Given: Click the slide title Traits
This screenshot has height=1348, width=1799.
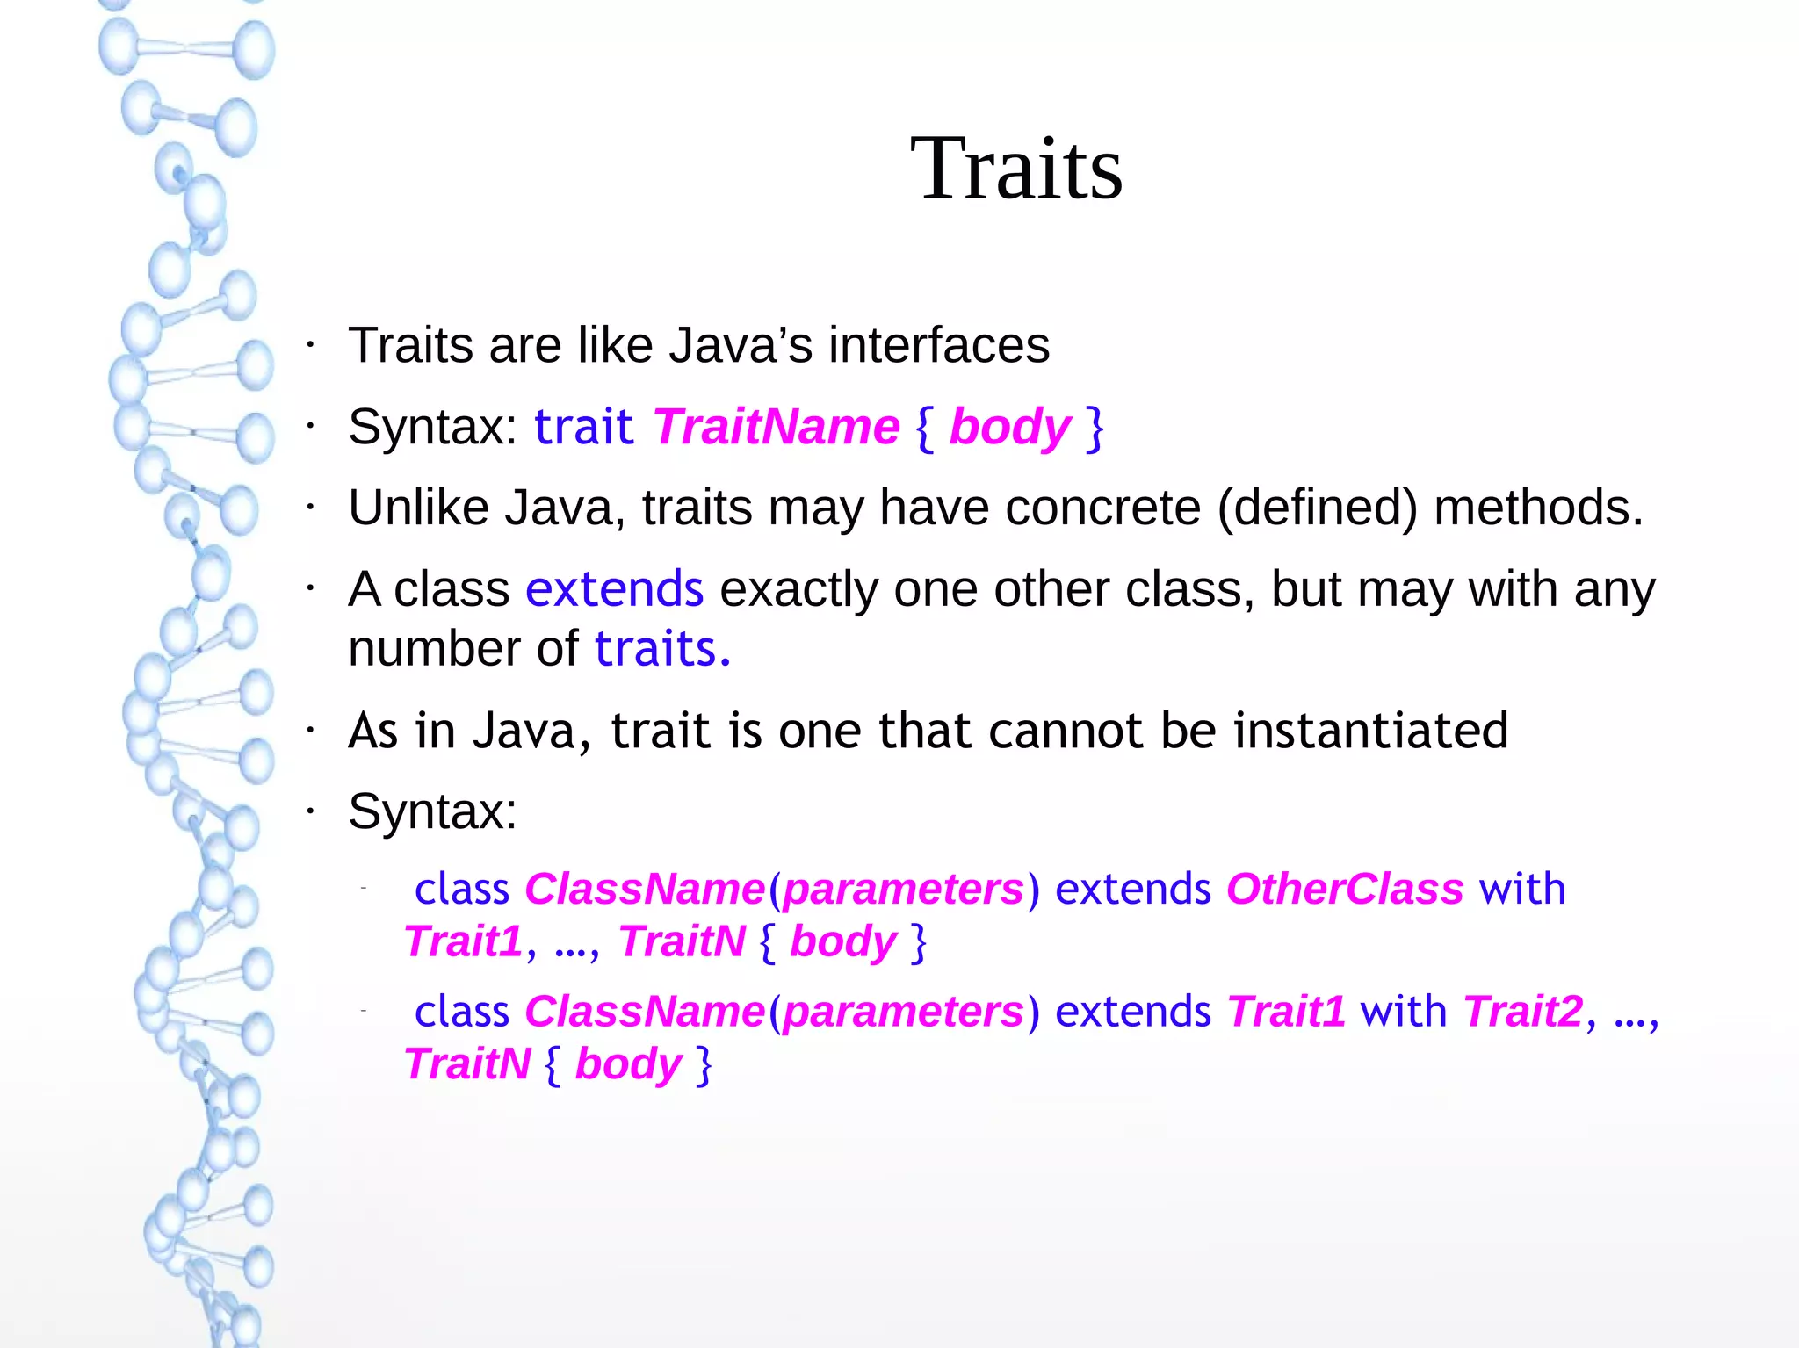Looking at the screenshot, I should pyautogui.click(x=1016, y=169).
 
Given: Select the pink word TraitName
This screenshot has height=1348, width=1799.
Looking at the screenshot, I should pyautogui.click(x=776, y=427).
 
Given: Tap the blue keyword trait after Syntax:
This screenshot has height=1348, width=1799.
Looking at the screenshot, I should pyautogui.click(x=583, y=427).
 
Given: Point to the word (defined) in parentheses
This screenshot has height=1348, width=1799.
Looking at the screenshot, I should pyautogui.click(x=1317, y=508).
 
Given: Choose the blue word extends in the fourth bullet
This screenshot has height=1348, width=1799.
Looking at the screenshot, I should pyautogui.click(x=614, y=588).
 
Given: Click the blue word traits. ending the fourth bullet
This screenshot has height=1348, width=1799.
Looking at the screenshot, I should pyautogui.click(x=662, y=649).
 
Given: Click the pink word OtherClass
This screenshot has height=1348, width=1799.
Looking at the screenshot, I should pyautogui.click(x=1344, y=889).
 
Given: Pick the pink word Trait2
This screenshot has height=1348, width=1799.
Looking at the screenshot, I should pyautogui.click(x=1522, y=1011).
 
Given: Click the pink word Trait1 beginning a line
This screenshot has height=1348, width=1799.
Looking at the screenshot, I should pyautogui.click(x=464, y=941).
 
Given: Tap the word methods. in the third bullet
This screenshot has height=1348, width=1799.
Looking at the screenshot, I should pyautogui.click(x=1537, y=508).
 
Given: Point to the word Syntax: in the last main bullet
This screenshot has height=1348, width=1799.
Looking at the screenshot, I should pyautogui.click(x=432, y=811).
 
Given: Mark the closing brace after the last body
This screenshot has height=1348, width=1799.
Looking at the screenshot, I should pyautogui.click(x=703, y=1064).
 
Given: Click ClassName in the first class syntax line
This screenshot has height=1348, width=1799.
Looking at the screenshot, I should pyautogui.click(x=644, y=889).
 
